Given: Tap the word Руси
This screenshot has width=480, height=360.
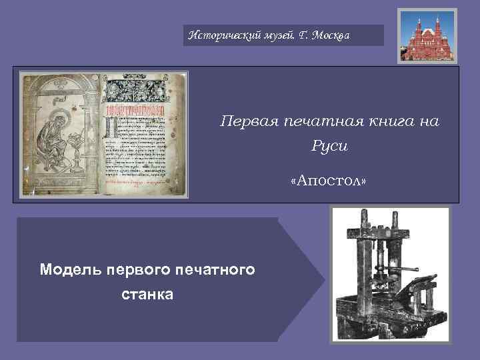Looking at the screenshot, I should pyautogui.click(x=329, y=145).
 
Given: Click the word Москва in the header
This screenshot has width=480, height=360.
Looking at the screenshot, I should pyautogui.click(x=329, y=34).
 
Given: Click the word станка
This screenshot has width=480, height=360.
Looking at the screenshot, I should pyautogui.click(x=147, y=294).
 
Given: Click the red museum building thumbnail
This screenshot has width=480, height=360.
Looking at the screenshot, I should pyautogui.click(x=427, y=36).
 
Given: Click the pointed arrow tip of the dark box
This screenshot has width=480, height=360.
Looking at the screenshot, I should pyautogui.click(x=323, y=279).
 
